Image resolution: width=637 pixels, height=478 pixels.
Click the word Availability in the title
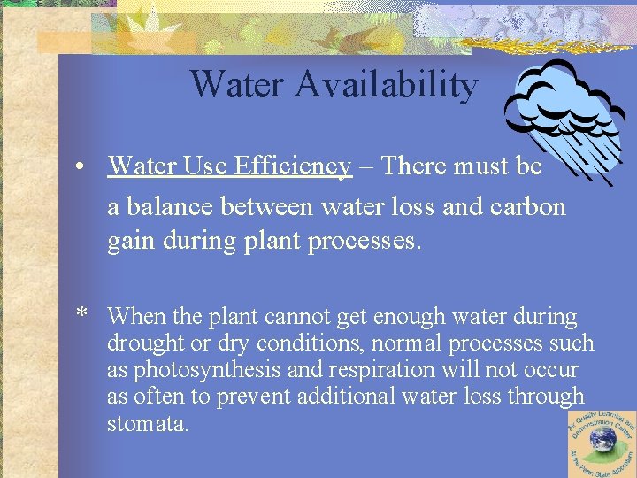click(x=387, y=85)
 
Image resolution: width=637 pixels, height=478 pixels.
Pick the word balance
click(x=171, y=207)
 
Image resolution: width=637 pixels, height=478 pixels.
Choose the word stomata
click(x=147, y=423)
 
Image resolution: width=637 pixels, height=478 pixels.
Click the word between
click(x=264, y=207)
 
